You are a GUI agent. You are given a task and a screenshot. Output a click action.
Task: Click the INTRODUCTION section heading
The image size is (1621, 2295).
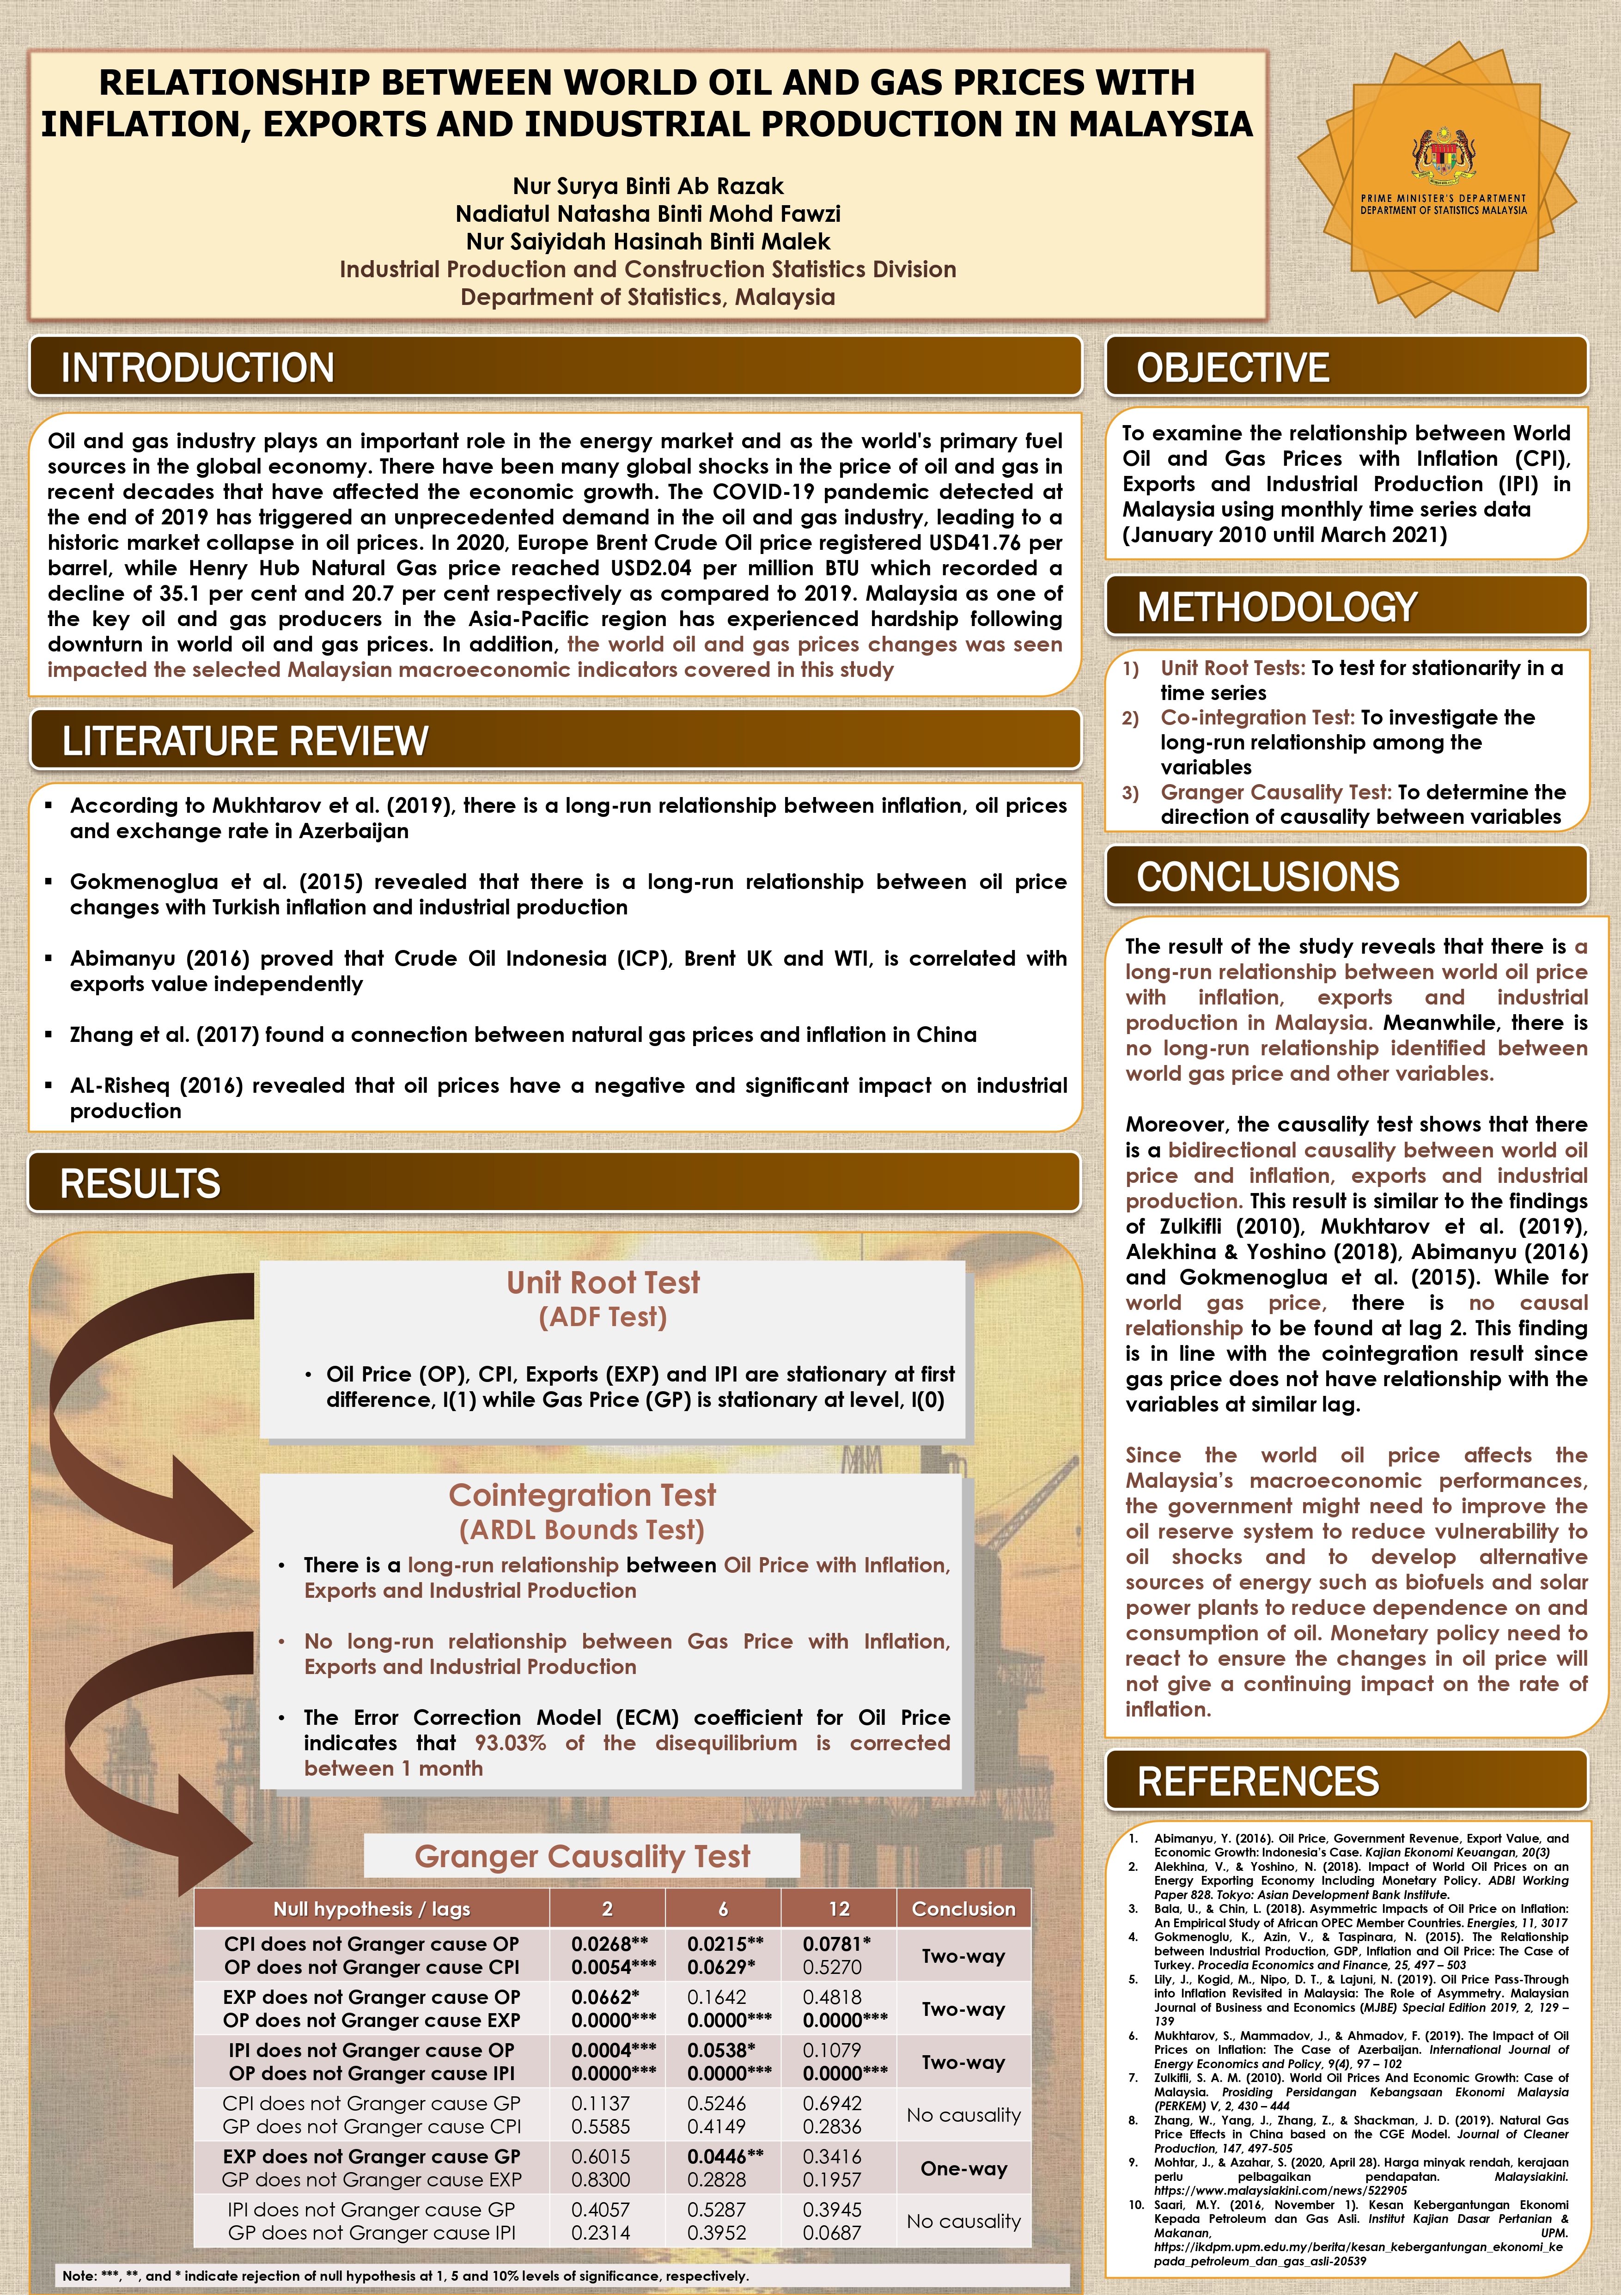[198, 368]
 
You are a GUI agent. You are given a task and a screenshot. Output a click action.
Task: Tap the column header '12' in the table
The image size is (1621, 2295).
[839, 1909]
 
